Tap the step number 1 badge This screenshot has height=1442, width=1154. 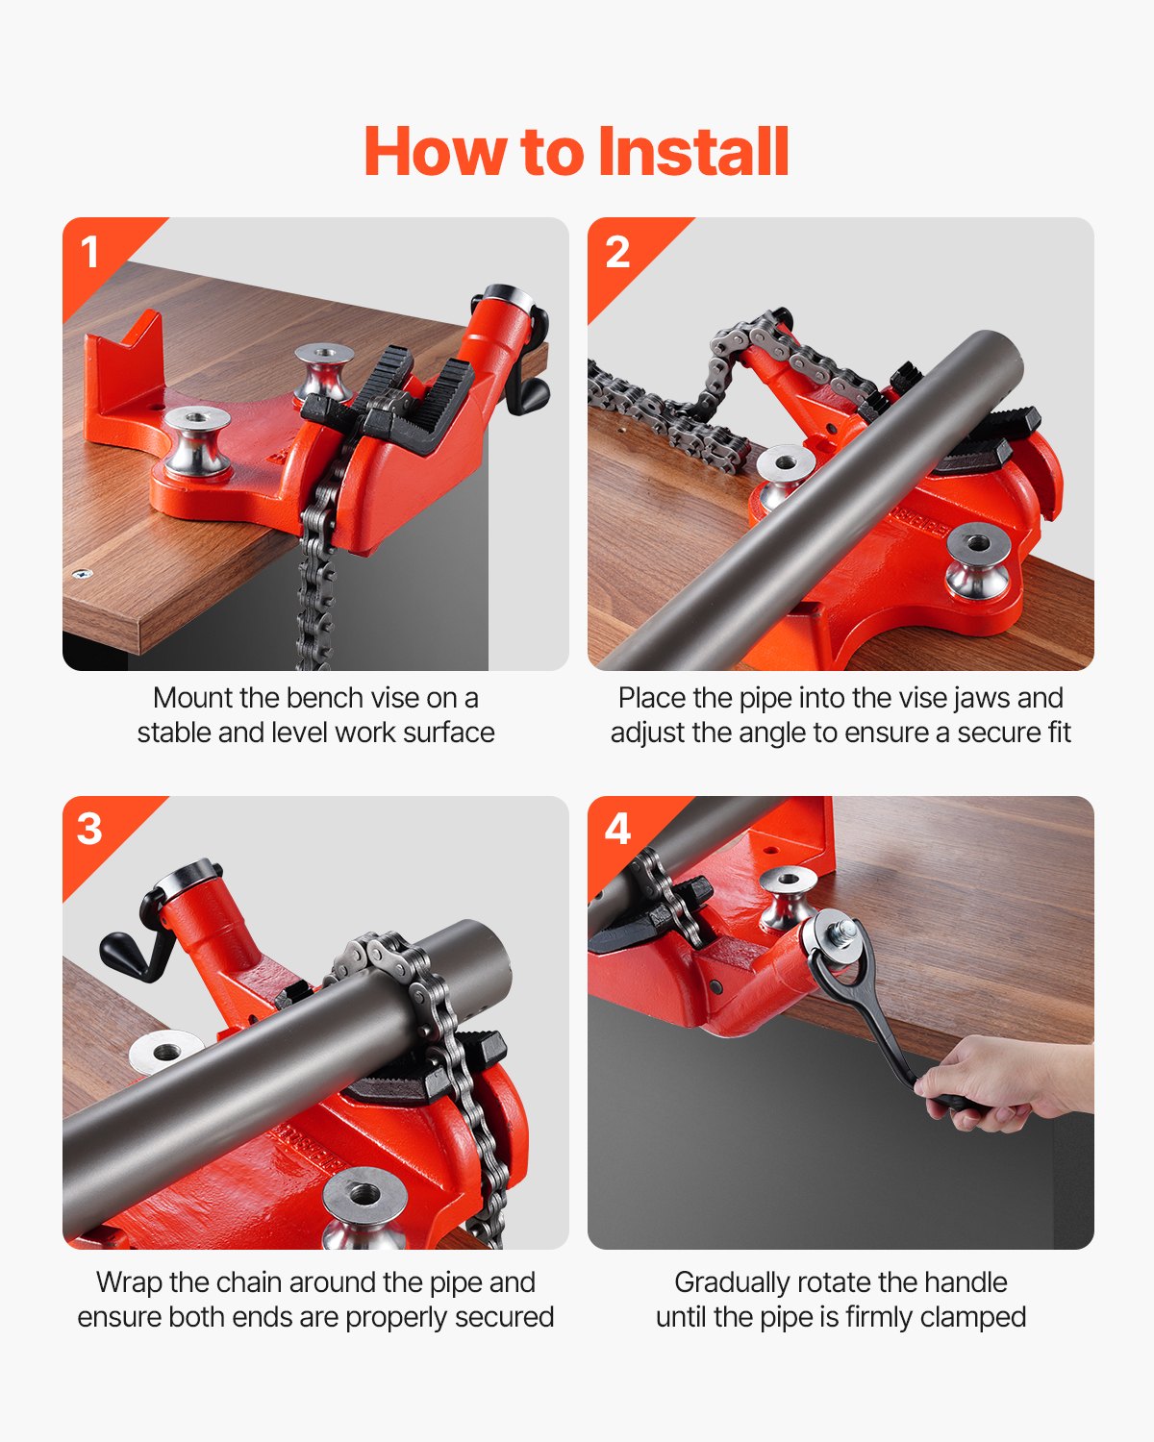click(90, 253)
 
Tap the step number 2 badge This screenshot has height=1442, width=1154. click(617, 253)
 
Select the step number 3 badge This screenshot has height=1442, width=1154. click(89, 829)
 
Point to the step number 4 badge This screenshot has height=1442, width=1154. click(617, 829)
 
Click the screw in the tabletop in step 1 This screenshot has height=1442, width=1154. click(82, 574)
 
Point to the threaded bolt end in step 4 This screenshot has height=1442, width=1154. click(844, 931)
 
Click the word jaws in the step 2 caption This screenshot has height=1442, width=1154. click(971, 698)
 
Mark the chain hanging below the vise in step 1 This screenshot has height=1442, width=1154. click(313, 596)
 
